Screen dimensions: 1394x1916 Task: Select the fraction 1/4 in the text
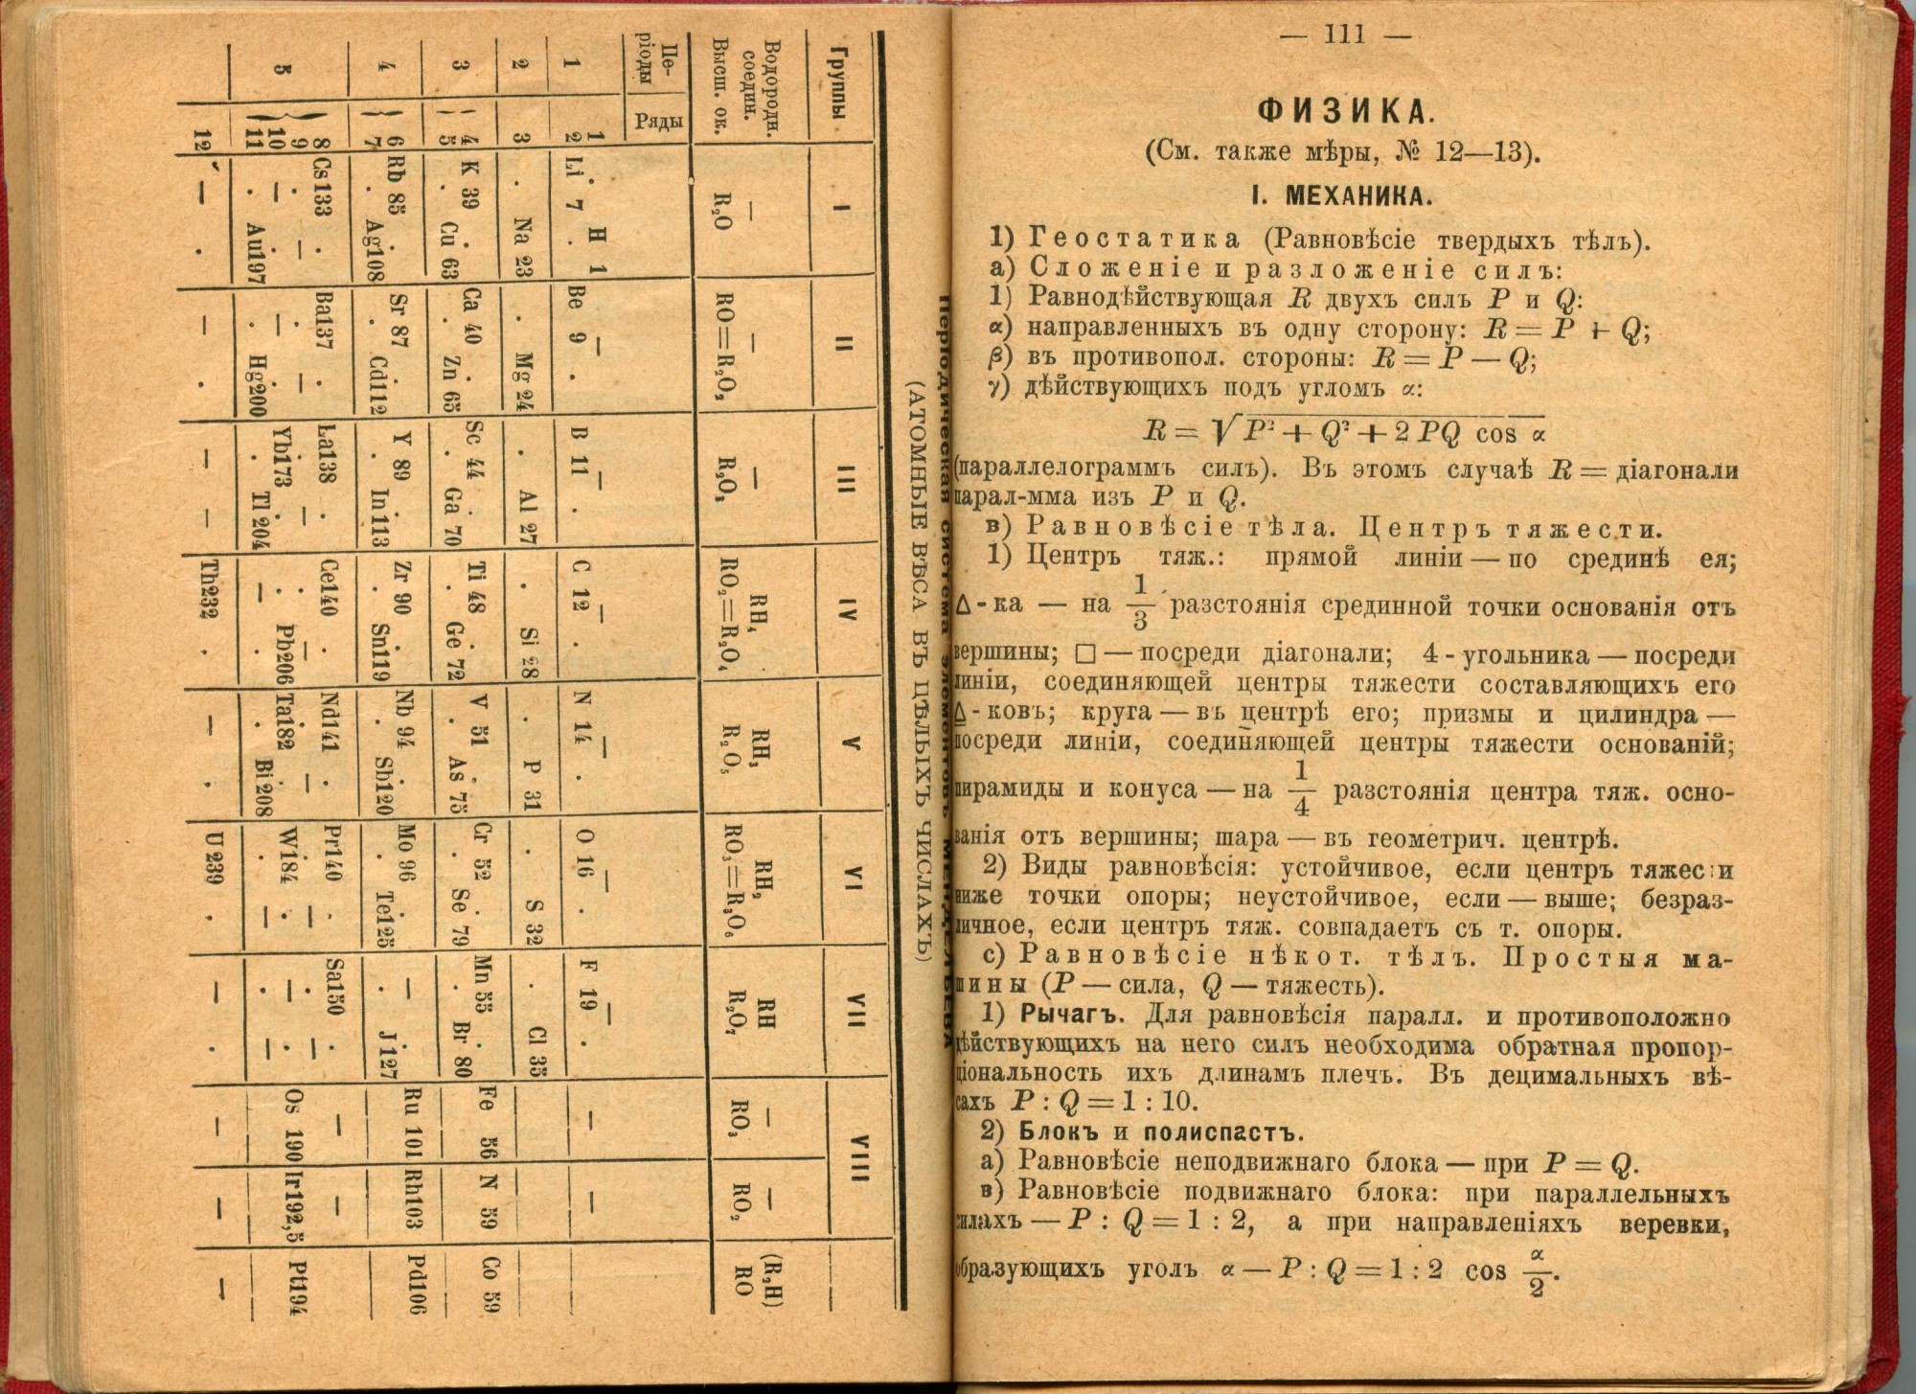1299,789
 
